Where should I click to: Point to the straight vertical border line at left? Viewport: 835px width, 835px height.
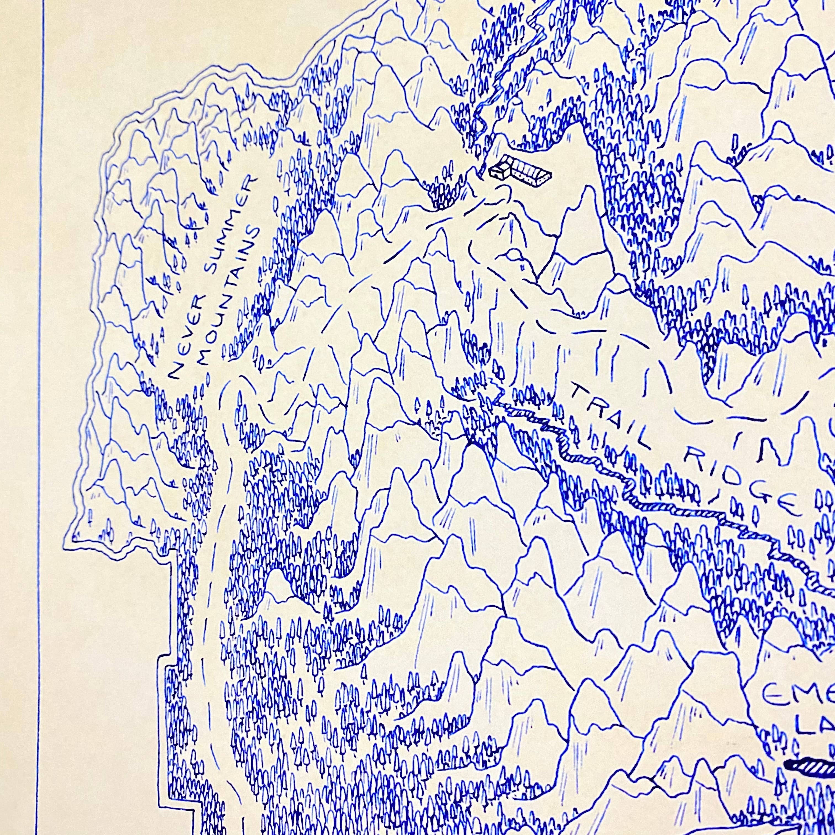pyautogui.click(x=43, y=389)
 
